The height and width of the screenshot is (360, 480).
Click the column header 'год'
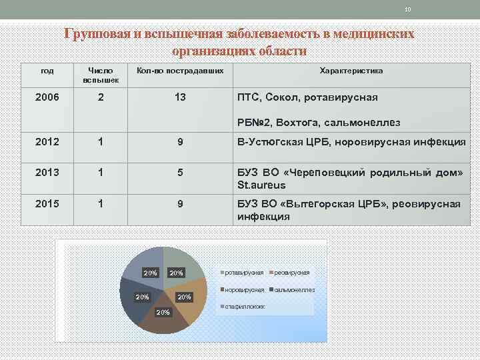pyautogui.click(x=47, y=71)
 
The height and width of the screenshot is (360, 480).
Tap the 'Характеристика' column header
pyautogui.click(x=351, y=71)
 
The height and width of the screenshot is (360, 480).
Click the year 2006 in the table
pyautogui.click(x=47, y=97)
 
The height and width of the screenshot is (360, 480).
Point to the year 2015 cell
pyautogui.click(x=47, y=203)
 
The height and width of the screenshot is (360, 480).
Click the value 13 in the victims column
pyautogui.click(x=180, y=97)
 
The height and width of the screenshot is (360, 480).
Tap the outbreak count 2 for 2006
pyautogui.click(x=101, y=97)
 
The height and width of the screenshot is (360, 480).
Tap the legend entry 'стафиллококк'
pyautogui.click(x=245, y=307)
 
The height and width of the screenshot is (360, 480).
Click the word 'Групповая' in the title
pyautogui.click(x=97, y=34)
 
